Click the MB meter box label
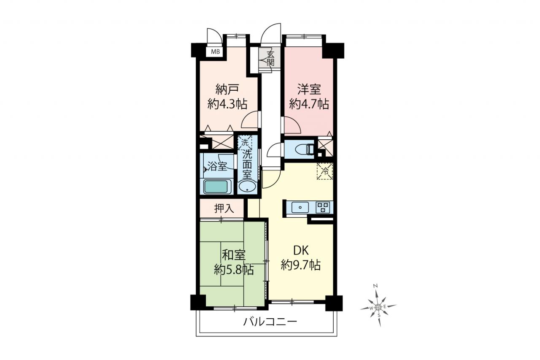pos(216,51)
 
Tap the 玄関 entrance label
pos(270,59)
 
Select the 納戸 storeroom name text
pos(227,89)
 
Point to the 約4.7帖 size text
pos(309,104)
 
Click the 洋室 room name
pos(309,89)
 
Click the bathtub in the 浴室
pos(216,187)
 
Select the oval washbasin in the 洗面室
pos(247,187)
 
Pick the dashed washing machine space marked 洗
pos(245,143)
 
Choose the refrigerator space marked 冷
pos(325,171)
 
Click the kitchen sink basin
pos(300,207)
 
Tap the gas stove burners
pos(323,208)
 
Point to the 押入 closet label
pos(224,208)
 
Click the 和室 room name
pos(234,255)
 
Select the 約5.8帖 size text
pos(234,270)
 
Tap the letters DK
pos(301,251)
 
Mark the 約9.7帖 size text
pos(301,265)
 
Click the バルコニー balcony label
pos(270,322)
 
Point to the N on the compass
pos(375,286)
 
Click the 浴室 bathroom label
pos(217,166)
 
